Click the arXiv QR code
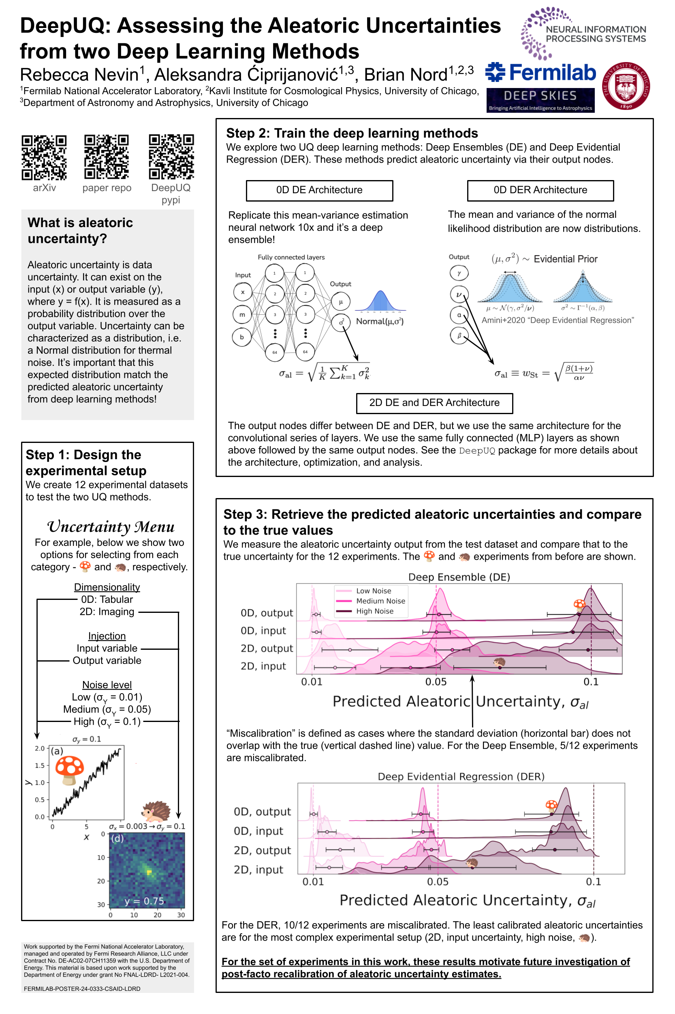(x=44, y=157)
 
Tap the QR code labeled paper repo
(x=106, y=157)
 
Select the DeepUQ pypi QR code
(x=171, y=157)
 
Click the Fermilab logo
(x=540, y=72)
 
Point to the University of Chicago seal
(x=626, y=85)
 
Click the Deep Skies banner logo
(x=540, y=100)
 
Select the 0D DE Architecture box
(x=319, y=190)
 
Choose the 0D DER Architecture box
(x=540, y=190)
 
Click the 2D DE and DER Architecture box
(x=434, y=402)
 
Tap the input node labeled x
(x=242, y=292)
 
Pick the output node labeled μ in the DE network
(x=340, y=302)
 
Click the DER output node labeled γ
(x=459, y=273)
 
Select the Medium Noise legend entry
(x=380, y=601)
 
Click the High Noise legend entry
(x=374, y=611)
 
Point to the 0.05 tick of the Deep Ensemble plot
(x=436, y=681)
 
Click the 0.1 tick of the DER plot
(x=593, y=881)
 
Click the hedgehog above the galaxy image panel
(x=156, y=811)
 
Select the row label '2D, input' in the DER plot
(x=258, y=869)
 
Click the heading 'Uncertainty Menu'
(x=111, y=526)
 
